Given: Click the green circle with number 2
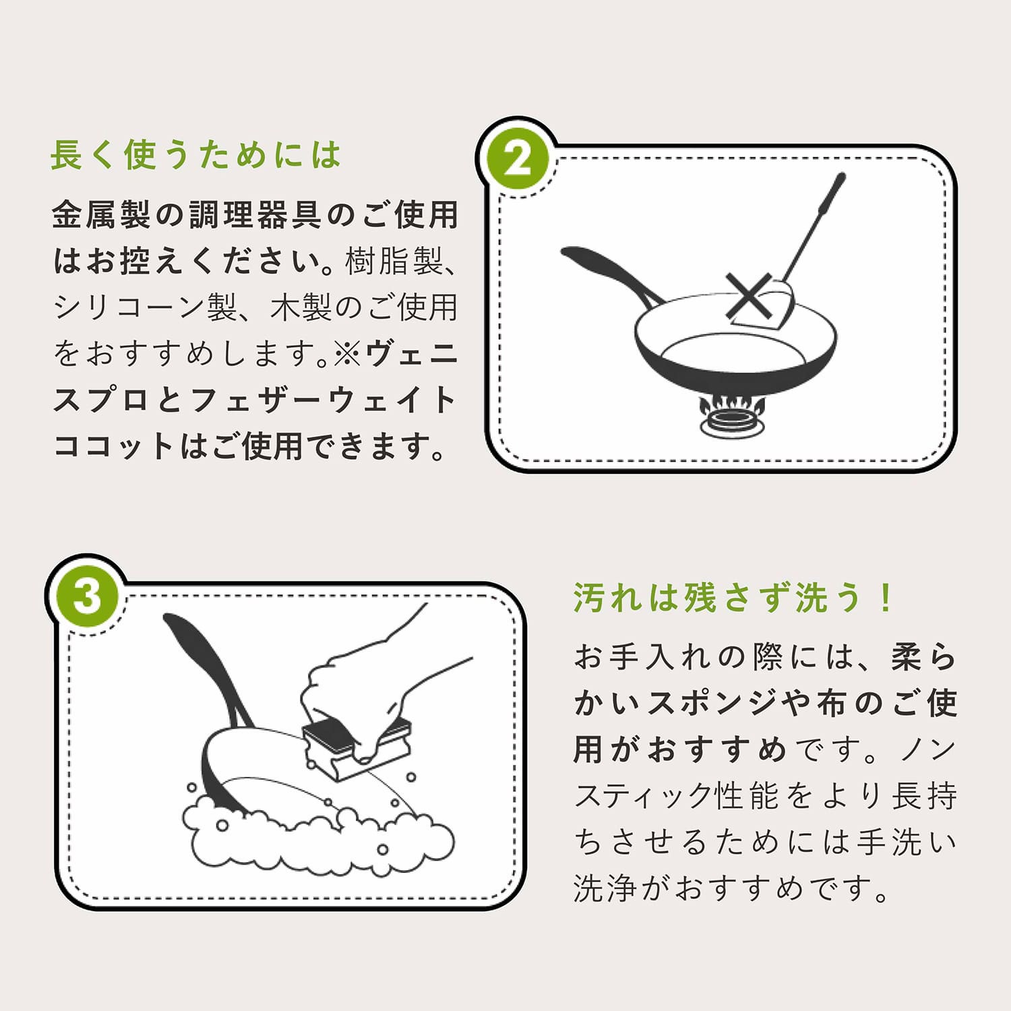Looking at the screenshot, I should (517, 160).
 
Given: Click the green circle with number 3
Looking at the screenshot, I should (86, 596).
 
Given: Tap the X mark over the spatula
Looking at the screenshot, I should (749, 295).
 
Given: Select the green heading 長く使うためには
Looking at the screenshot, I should (196, 155).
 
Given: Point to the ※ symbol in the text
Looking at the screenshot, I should (347, 353).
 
